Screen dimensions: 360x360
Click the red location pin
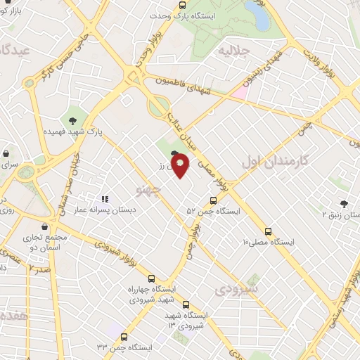coord(182,166)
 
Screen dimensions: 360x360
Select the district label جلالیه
coord(233,50)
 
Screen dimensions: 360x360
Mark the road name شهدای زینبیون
coord(271,70)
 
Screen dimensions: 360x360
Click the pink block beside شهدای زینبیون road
coord(240,92)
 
